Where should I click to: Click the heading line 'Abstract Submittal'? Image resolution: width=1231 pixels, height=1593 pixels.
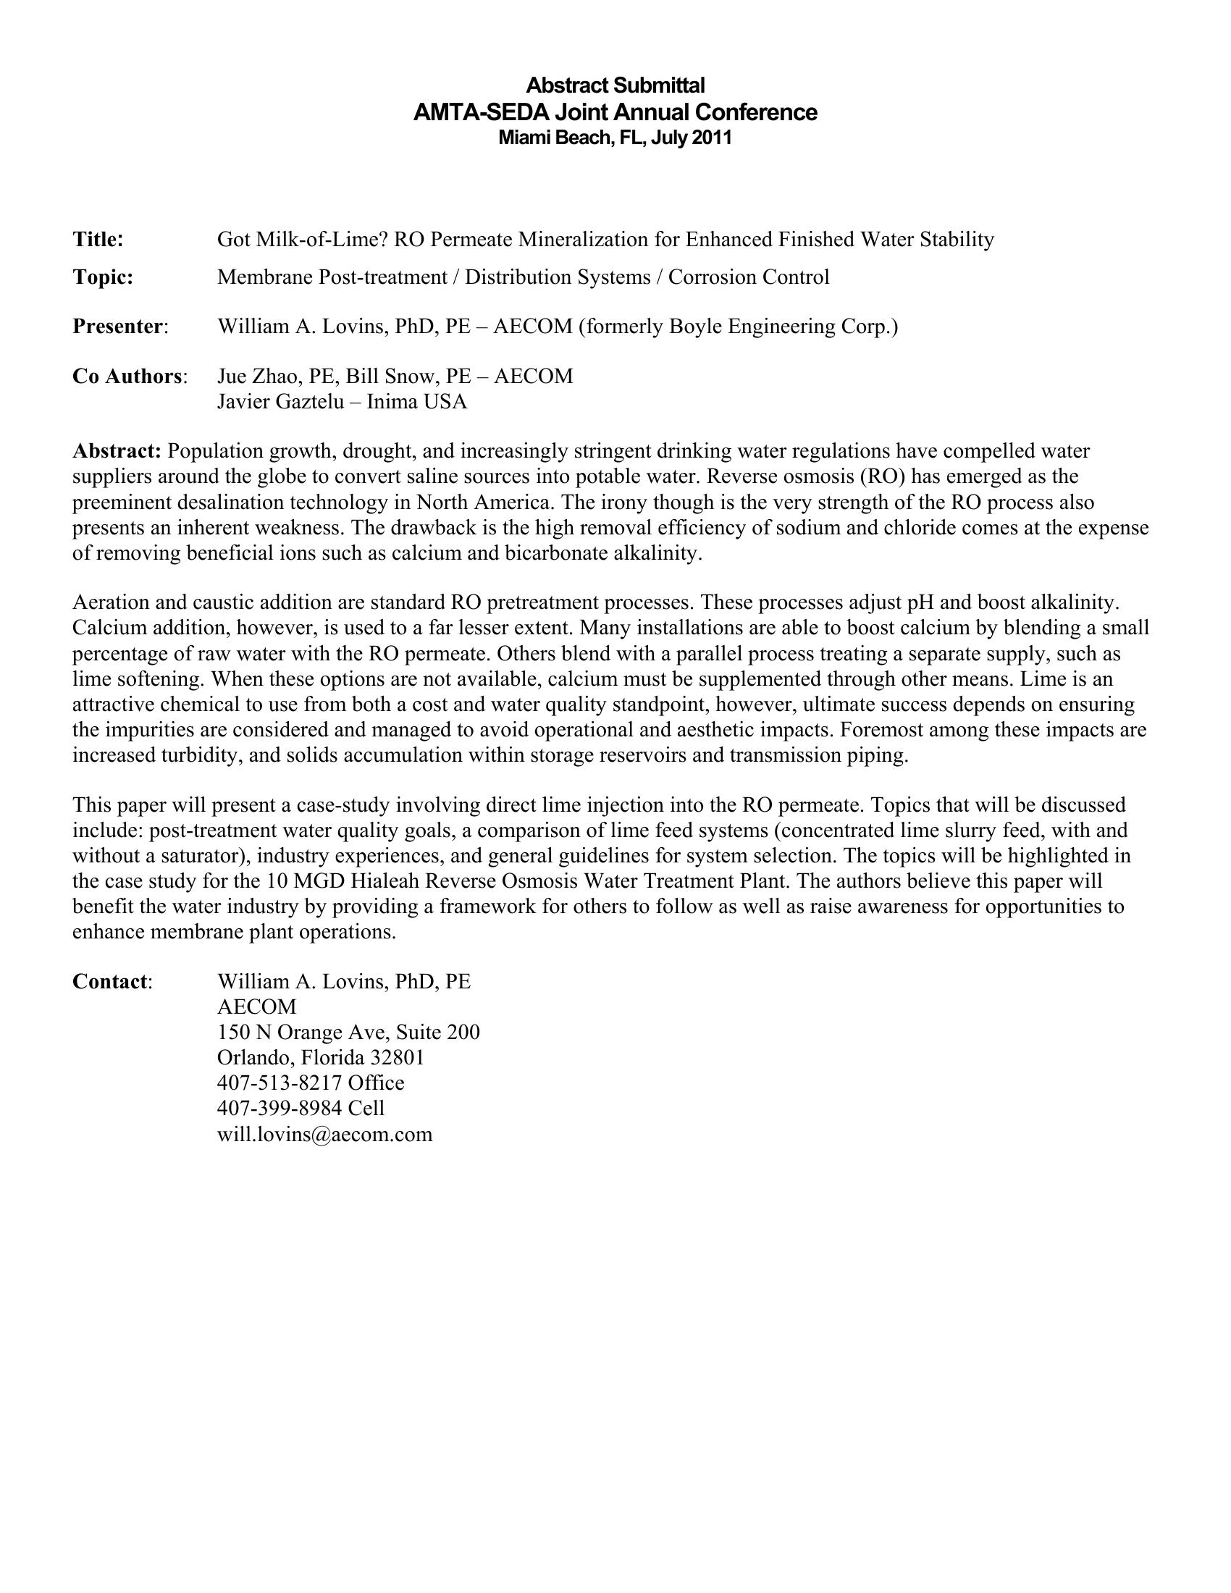(x=615, y=85)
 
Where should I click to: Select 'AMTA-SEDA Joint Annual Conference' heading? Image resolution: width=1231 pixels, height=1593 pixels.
(x=615, y=112)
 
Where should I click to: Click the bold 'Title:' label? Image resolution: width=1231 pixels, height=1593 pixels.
(x=98, y=239)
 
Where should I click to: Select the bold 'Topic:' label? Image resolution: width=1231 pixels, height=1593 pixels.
(x=103, y=277)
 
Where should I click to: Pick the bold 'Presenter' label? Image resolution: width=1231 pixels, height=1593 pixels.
(x=118, y=327)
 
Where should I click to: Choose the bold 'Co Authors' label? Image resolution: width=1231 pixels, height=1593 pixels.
(x=127, y=377)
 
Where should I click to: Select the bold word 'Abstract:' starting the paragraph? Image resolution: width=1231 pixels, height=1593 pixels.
(x=117, y=452)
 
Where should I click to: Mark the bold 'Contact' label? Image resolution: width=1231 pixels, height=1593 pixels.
(x=110, y=982)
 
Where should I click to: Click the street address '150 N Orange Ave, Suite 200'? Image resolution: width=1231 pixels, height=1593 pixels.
(x=348, y=1032)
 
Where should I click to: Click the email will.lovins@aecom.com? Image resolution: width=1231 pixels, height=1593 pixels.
(x=324, y=1133)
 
